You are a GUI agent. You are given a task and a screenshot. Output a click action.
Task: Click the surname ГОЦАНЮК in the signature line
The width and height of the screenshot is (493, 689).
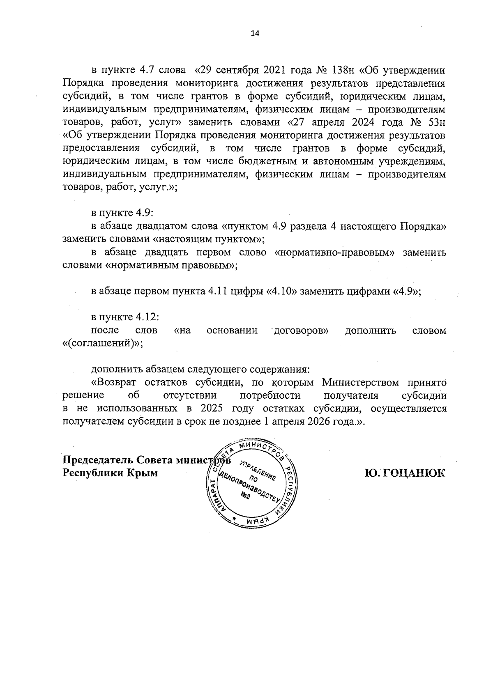click(405, 473)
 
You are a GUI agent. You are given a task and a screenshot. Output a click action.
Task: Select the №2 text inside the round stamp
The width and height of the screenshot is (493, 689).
click(246, 497)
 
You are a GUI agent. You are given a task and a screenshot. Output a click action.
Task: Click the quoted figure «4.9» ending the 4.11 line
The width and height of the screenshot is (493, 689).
click(407, 291)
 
